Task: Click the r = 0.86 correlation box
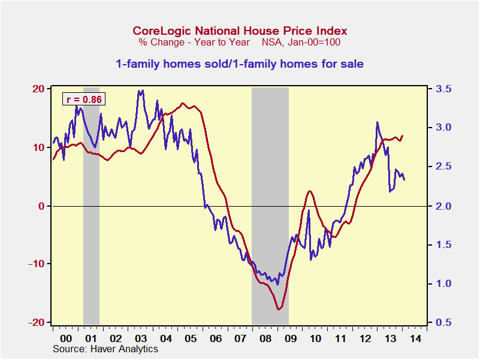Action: click(x=84, y=99)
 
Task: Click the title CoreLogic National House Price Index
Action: click(x=240, y=31)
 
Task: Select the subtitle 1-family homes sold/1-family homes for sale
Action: click(x=240, y=63)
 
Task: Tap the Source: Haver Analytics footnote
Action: click(x=105, y=349)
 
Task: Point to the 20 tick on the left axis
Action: click(x=38, y=89)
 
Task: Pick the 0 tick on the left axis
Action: click(x=41, y=206)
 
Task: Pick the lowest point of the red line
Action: click(x=279, y=309)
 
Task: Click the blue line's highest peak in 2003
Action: click(x=141, y=91)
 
